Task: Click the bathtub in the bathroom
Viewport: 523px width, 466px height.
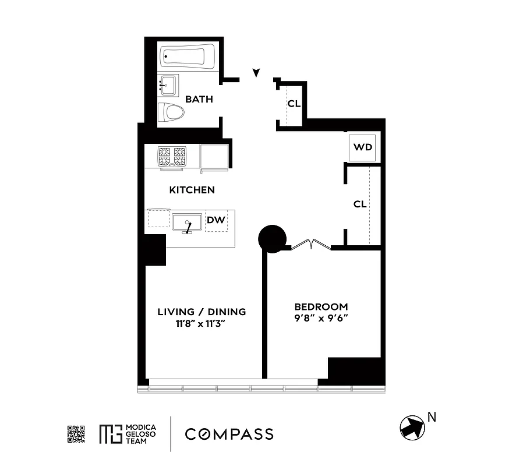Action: point(185,58)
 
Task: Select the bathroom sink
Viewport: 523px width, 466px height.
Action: point(169,86)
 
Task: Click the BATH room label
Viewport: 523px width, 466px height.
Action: point(199,100)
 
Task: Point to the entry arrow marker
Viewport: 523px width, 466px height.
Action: point(256,73)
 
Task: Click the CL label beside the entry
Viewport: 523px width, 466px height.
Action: point(294,104)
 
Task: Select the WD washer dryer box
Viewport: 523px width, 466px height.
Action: point(362,147)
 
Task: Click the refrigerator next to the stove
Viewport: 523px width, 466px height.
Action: point(214,157)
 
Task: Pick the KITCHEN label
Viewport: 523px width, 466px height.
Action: point(192,190)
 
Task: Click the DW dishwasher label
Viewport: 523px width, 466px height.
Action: point(217,220)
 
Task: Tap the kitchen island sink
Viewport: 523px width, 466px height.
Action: point(187,222)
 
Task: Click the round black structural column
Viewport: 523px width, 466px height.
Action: point(272,238)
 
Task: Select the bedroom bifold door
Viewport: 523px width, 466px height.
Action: point(311,245)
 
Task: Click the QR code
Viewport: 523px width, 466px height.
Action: point(76,434)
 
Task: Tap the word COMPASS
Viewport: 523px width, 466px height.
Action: point(229,434)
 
